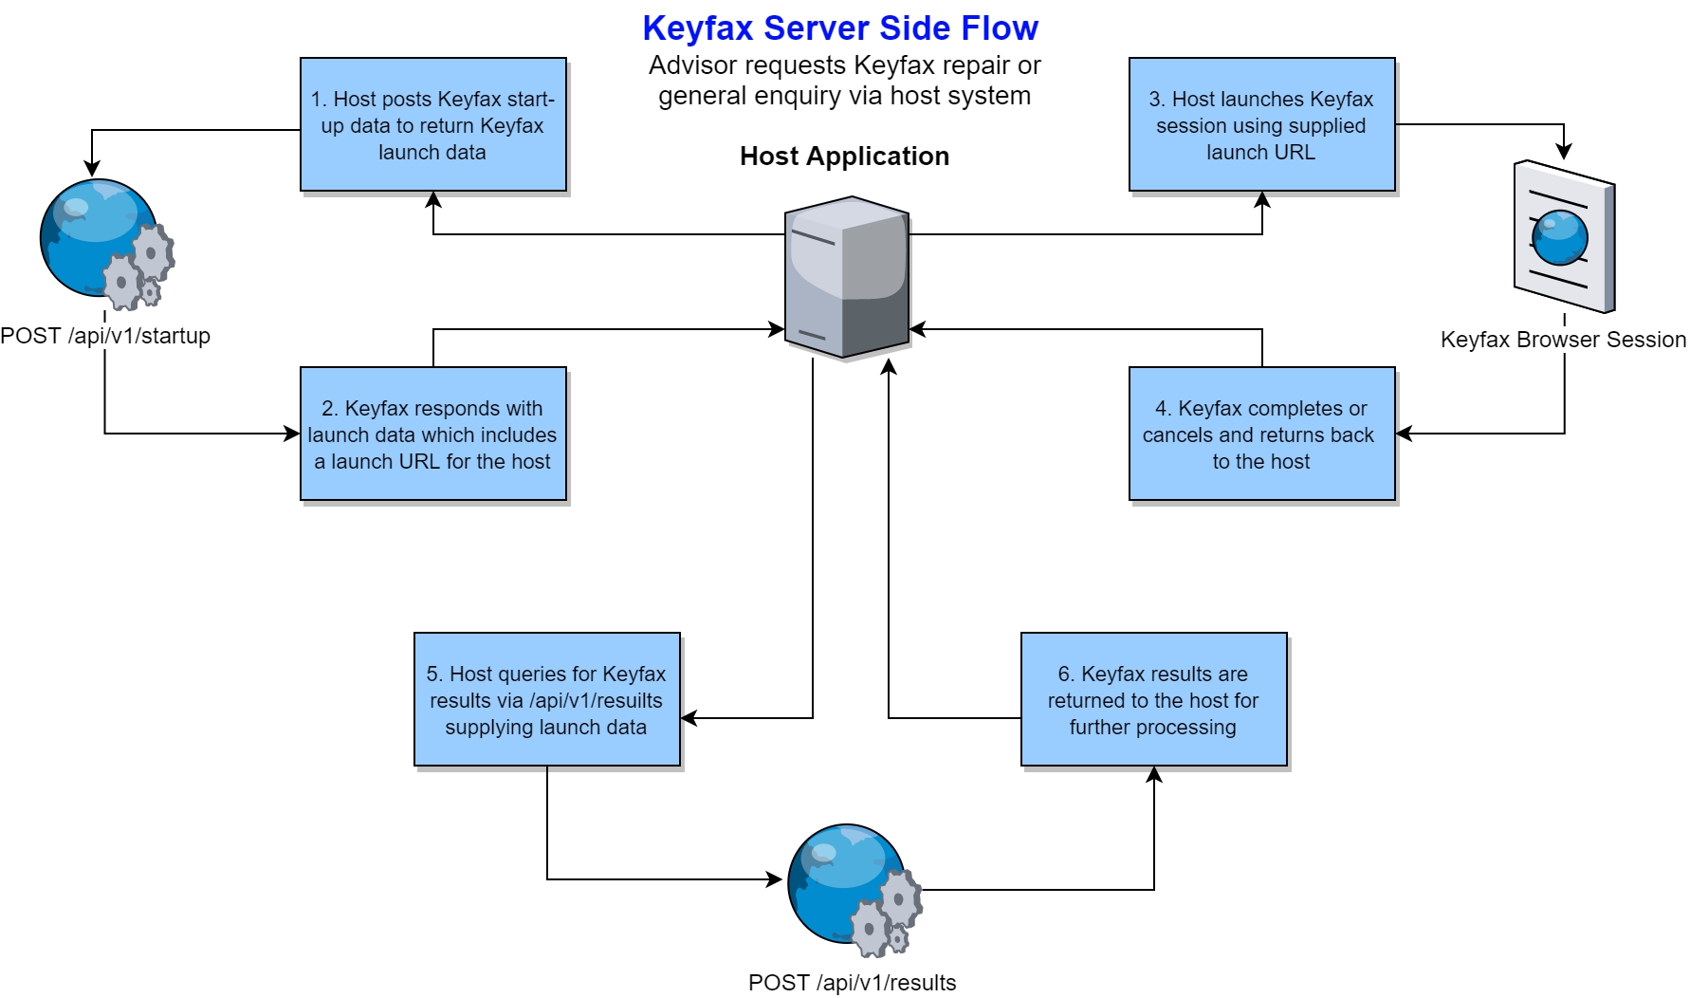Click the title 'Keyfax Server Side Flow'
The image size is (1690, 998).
tap(840, 28)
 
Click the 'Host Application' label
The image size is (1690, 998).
tap(844, 157)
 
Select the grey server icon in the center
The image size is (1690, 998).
tap(847, 277)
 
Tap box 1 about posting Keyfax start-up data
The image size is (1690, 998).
tap(433, 125)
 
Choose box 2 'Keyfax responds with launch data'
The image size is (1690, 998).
tap(433, 434)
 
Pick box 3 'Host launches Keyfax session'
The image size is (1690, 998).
tap(1261, 125)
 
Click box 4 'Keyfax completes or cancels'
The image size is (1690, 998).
tap(1261, 434)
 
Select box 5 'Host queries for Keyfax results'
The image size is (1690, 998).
tap(547, 700)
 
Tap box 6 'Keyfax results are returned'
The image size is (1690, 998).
tap(1153, 700)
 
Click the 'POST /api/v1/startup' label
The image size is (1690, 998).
tap(105, 336)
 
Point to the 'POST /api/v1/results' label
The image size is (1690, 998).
tap(852, 983)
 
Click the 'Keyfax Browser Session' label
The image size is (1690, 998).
tap(1563, 340)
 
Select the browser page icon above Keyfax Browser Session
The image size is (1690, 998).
tap(1564, 236)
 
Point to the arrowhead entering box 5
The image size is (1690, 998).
tap(689, 718)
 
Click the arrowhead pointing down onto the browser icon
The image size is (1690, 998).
tap(1564, 151)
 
